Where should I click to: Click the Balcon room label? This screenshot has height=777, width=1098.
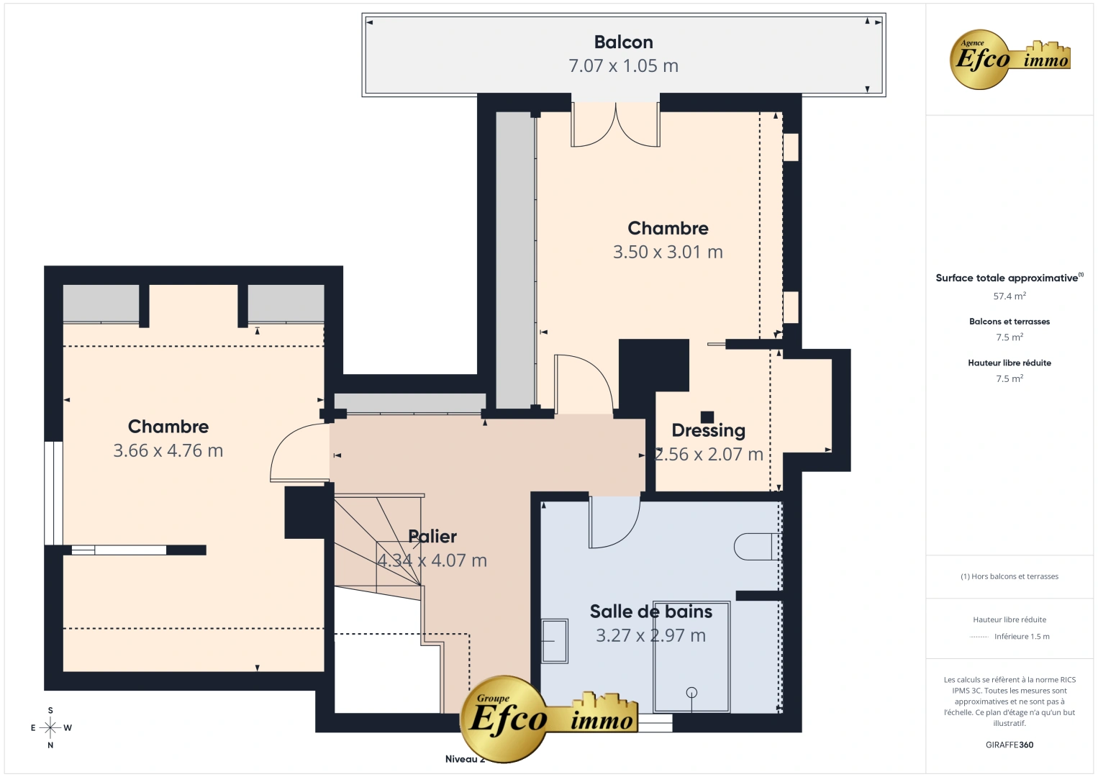click(x=623, y=42)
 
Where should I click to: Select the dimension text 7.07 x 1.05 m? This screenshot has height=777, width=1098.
click(x=623, y=66)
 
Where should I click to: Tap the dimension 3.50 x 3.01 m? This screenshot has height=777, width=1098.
click(x=668, y=253)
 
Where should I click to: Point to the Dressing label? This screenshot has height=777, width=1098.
click(x=708, y=431)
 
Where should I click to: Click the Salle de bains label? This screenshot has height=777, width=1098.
click(x=650, y=612)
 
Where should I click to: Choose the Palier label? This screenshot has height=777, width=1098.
click(x=432, y=537)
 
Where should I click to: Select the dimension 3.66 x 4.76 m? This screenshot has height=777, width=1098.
click(x=168, y=451)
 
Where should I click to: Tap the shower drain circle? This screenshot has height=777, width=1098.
click(x=691, y=693)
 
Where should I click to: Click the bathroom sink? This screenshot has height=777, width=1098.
click(x=554, y=640)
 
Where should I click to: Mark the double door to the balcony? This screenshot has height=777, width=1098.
click(x=616, y=127)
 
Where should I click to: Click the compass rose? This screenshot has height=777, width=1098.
click(x=50, y=727)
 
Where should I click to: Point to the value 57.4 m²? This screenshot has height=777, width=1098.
click(x=1009, y=296)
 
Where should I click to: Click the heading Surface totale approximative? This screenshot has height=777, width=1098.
click(x=1007, y=278)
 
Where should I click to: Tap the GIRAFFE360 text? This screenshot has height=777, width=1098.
click(x=1009, y=745)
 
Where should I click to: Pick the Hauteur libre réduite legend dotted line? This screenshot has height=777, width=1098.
click(x=979, y=637)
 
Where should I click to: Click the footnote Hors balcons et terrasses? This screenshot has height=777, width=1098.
click(x=1009, y=576)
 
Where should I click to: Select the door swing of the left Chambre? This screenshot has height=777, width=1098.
click(x=296, y=453)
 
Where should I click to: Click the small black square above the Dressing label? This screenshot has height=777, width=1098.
click(x=707, y=417)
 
